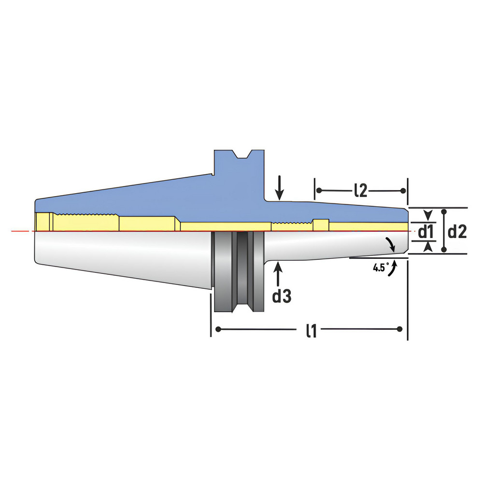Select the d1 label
point(425,232)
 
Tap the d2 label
point(457,232)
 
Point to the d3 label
point(282,296)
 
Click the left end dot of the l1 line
point(219,329)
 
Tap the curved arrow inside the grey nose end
point(391,244)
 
